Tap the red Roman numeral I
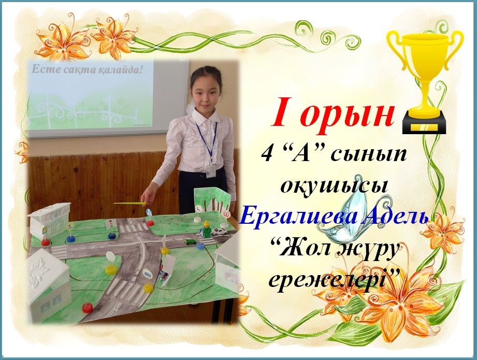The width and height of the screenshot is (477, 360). (x=281, y=112)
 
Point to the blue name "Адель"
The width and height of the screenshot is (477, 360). (x=397, y=217)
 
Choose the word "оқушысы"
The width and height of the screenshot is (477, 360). (x=335, y=185)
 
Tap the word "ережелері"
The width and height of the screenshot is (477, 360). (x=326, y=281)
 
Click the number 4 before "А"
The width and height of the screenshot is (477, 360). (x=267, y=154)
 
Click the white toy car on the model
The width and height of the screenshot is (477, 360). (x=219, y=231)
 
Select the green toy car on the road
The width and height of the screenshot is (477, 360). (x=190, y=241)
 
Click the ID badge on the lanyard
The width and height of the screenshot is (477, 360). (x=210, y=171)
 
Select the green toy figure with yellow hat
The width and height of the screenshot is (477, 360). (x=207, y=229)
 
